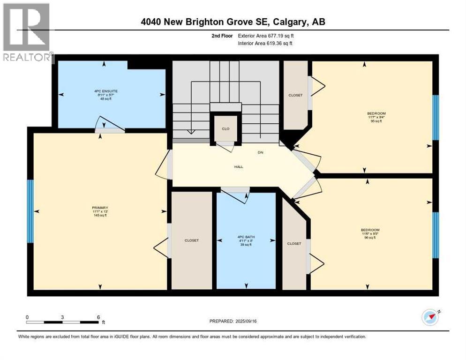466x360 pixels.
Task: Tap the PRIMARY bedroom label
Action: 100,208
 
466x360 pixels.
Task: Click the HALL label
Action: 239,167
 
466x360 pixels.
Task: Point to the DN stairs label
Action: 261,152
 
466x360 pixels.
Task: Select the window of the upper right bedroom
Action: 435,117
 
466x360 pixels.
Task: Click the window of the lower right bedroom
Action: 435,235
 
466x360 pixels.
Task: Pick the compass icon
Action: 430,317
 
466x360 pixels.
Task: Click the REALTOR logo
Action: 27,33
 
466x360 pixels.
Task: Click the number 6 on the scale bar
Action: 98,317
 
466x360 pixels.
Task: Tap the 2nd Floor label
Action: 222,36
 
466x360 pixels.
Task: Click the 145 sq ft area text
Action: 100,215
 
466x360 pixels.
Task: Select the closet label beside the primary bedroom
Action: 191,240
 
